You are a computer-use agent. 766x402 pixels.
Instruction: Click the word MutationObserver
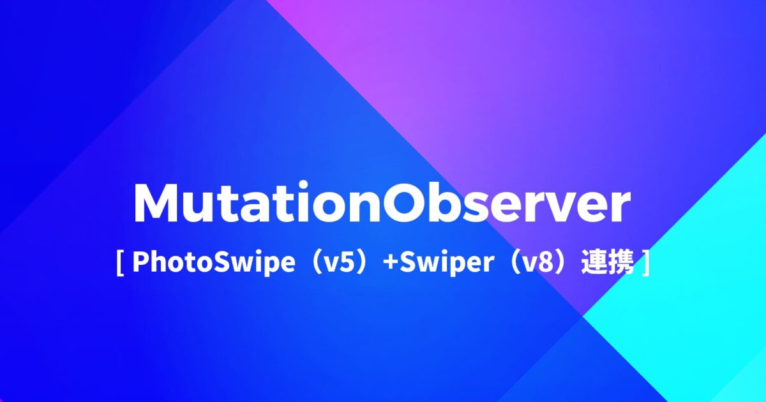click(381, 204)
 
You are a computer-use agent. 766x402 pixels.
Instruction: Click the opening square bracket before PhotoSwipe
click(120, 263)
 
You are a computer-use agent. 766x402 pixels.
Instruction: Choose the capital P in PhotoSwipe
click(139, 263)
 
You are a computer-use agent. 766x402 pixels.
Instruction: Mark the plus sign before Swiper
click(391, 264)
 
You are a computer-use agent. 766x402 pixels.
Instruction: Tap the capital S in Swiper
click(407, 263)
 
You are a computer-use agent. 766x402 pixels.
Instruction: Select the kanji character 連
click(592, 263)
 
